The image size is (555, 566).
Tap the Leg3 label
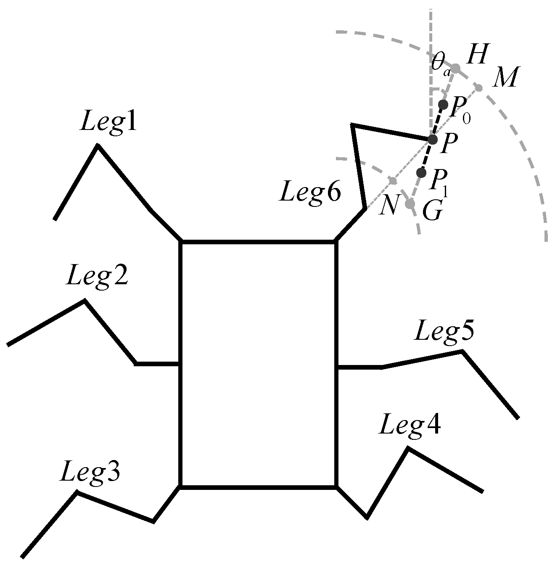(x=90, y=472)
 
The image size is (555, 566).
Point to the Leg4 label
(x=410, y=426)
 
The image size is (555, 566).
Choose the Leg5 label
(x=445, y=332)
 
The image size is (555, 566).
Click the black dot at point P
(x=433, y=139)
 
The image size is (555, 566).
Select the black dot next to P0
(x=443, y=104)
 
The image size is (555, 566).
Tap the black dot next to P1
(x=421, y=172)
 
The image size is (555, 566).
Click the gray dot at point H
(x=456, y=68)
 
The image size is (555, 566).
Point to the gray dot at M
(x=479, y=88)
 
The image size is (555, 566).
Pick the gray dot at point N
(x=393, y=180)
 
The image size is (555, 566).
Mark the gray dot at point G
(x=410, y=204)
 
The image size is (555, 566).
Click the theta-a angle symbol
(x=441, y=65)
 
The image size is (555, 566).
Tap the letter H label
(x=476, y=55)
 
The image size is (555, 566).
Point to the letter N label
(x=388, y=206)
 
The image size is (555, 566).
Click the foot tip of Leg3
(x=22, y=557)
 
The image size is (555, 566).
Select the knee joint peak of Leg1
(x=98, y=145)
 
